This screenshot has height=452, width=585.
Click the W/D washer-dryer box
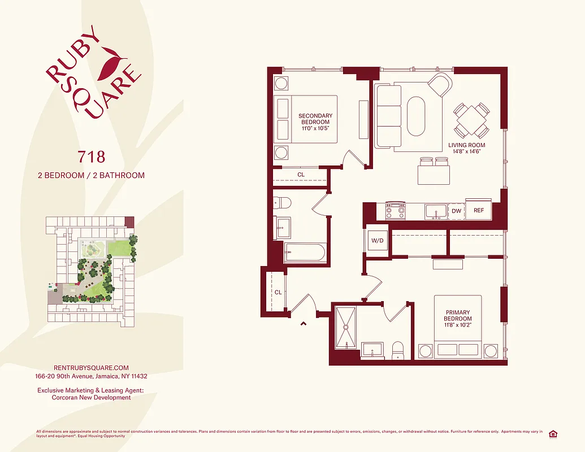[x=377, y=241]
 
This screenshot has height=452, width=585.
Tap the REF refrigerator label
[x=479, y=211]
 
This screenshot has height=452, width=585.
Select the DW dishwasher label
[x=457, y=211]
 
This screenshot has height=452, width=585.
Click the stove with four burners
[x=395, y=211]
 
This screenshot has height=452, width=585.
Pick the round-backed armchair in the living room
[x=440, y=85]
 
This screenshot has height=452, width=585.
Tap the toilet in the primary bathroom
[x=398, y=350]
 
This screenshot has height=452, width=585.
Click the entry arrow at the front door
[x=304, y=324]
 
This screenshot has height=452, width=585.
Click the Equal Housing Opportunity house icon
[x=553, y=433]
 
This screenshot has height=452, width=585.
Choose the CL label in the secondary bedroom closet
[x=301, y=175]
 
